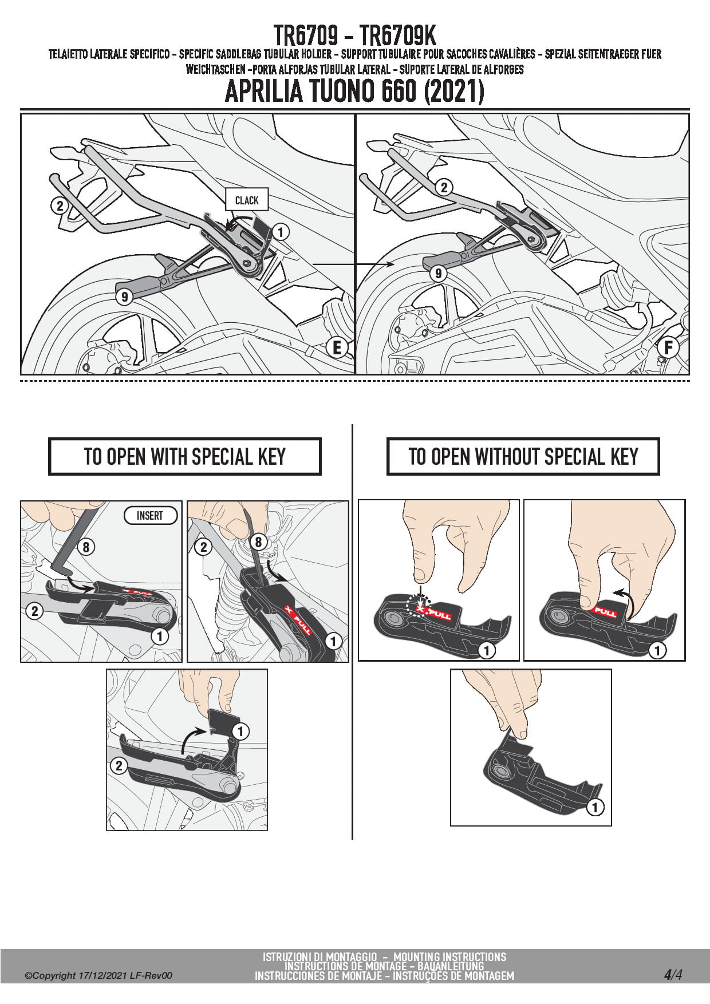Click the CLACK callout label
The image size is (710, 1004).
[x=247, y=200]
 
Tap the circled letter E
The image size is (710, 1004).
[x=337, y=347]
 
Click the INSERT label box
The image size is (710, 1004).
[x=150, y=515]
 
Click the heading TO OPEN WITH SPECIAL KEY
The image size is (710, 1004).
[x=184, y=457]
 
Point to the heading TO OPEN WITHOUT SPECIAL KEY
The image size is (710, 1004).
[x=523, y=457]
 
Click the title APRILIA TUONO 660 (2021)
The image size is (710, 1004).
[x=354, y=91]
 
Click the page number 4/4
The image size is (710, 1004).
[x=673, y=975]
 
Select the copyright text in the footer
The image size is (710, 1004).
[x=98, y=976]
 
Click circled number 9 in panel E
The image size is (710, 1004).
[x=124, y=297]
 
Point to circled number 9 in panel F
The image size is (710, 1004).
[x=438, y=274]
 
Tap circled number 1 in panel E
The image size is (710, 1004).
[x=281, y=232]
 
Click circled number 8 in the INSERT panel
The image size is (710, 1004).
[x=86, y=547]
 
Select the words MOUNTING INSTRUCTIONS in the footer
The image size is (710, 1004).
[x=449, y=956]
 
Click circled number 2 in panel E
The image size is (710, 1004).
[x=60, y=205]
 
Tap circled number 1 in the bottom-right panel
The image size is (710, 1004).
[x=595, y=807]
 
